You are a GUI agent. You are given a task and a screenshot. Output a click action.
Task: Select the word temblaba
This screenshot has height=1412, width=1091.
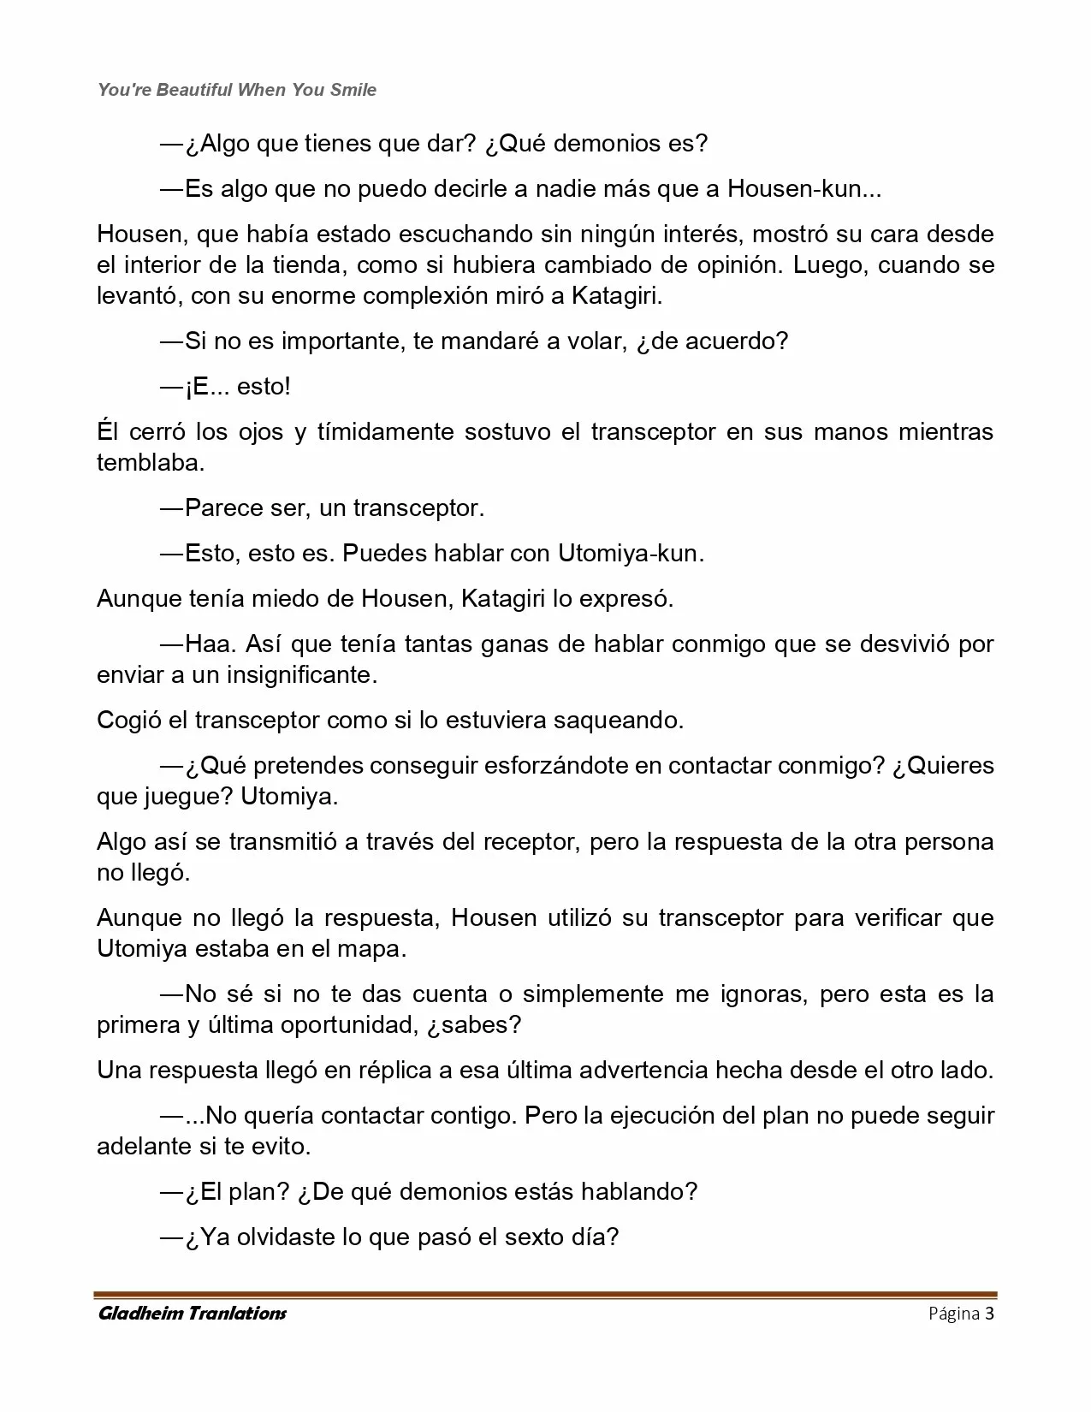151,463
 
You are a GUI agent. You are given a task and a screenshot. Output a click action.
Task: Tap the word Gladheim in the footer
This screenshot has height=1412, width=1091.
141,1314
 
